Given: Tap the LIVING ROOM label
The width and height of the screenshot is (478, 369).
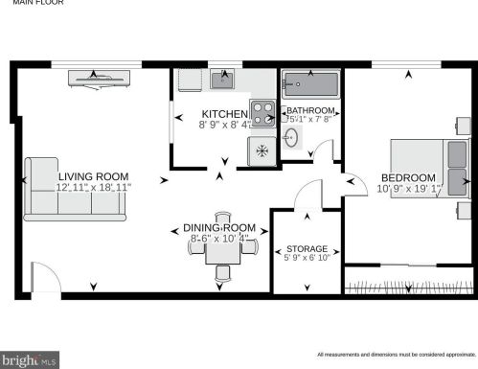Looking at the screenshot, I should click(x=93, y=176).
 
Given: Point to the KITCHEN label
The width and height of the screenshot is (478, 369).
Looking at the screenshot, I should click(x=223, y=114).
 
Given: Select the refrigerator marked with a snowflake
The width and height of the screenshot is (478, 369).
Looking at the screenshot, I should click(x=262, y=150).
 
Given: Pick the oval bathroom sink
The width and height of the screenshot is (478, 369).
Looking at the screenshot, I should click(x=293, y=141).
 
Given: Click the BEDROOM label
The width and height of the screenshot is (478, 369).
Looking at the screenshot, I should click(x=408, y=178).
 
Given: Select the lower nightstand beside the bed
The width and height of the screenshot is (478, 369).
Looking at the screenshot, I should click(x=464, y=209).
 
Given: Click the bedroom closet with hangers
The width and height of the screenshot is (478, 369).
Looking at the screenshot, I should click(x=408, y=285).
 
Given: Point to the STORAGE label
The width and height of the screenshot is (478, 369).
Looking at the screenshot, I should click(x=307, y=248).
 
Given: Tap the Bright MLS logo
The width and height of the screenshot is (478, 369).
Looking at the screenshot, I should click(x=30, y=360).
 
